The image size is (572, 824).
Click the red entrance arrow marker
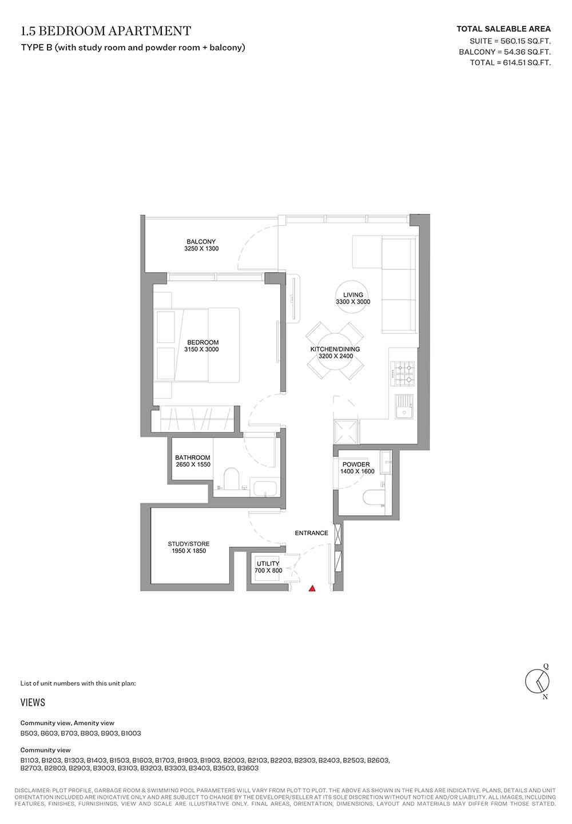pyautogui.click(x=312, y=588)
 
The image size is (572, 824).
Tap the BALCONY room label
pyautogui.click(x=201, y=242)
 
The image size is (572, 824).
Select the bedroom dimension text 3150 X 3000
pyautogui.click(x=201, y=349)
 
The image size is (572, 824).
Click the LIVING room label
pyautogui.click(x=353, y=294)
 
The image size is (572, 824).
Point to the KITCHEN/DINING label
pyautogui.click(x=335, y=349)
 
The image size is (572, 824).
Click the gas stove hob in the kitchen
pyautogui.click(x=403, y=373)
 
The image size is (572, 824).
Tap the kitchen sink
pyautogui.click(x=405, y=407)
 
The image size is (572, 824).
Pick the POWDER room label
pyautogui.click(x=356, y=464)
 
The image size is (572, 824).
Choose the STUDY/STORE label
pyautogui.click(x=188, y=544)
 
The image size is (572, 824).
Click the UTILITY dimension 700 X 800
pyautogui.click(x=268, y=571)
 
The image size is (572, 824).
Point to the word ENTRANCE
pyautogui.click(x=311, y=533)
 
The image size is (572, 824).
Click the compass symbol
pyautogui.click(x=538, y=682)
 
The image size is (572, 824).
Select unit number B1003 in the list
pyautogui.click(x=130, y=733)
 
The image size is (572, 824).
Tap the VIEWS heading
pyautogui.click(x=33, y=703)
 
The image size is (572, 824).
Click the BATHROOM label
pyautogui.click(x=193, y=457)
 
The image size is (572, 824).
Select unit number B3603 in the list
pyautogui.click(x=248, y=768)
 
